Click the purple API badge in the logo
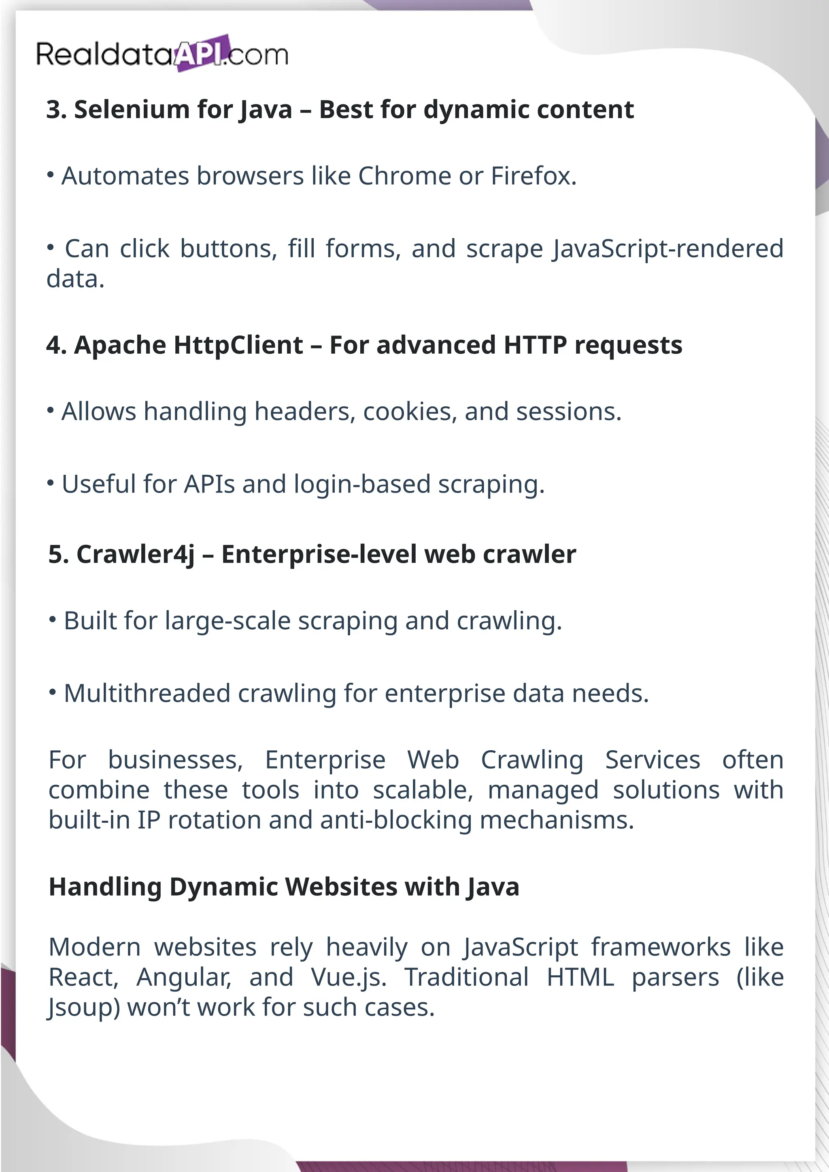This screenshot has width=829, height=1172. tap(201, 53)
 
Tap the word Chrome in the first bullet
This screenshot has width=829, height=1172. tap(404, 176)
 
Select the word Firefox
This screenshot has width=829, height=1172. tap(533, 176)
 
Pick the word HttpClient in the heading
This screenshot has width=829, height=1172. tap(238, 345)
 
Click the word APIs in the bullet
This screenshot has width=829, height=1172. tap(209, 484)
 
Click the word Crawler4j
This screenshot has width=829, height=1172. tap(135, 555)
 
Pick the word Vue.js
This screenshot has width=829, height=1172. tap(349, 977)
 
